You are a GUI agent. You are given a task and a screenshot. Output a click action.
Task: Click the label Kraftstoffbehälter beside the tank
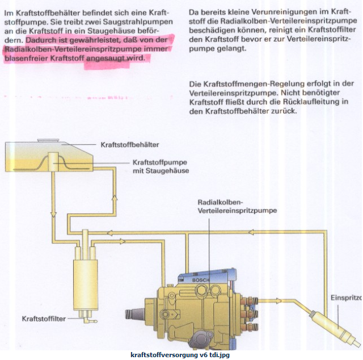tap(129, 145)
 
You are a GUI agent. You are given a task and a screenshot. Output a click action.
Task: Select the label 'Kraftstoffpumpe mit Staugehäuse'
tap(161, 165)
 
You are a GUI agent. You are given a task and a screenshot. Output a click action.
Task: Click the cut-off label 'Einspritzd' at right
tap(345, 297)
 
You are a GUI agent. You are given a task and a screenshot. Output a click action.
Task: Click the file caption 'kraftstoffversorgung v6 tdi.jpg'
tap(180, 355)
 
